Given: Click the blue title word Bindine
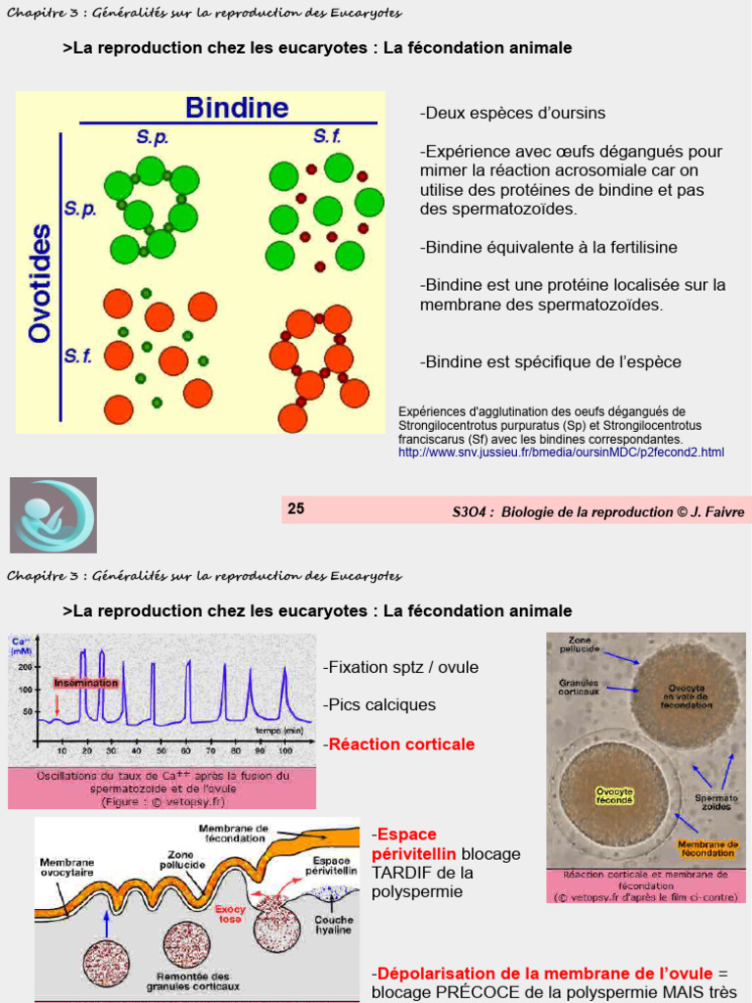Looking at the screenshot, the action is coord(236,107).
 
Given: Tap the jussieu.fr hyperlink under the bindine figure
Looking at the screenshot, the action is coord(561,453).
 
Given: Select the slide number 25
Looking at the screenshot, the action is coord(296,508).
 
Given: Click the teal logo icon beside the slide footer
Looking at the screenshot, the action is coord(53,515).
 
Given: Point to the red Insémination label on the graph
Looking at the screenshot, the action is coord(86,683).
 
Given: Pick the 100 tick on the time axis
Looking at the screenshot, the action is coord(285,750).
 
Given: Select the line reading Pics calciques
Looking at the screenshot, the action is coord(380,705).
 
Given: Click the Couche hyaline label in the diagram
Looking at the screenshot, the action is coord(334,926).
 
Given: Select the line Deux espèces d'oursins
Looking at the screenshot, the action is coord(513,114).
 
